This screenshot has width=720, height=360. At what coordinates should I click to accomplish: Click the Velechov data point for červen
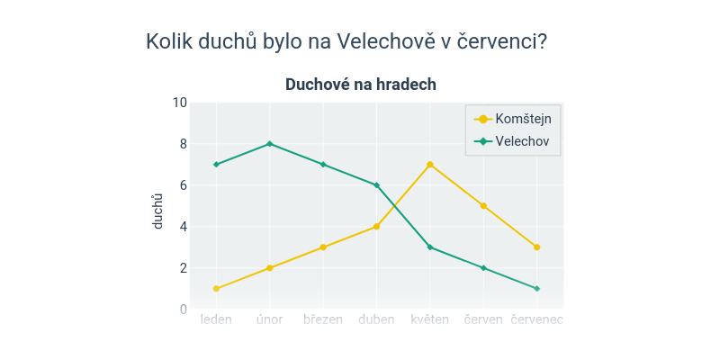click(483, 268)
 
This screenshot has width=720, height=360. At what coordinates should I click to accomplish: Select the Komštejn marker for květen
click(430, 165)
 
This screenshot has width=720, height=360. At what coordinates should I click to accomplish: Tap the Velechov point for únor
click(269, 144)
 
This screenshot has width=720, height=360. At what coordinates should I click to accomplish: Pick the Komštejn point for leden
click(216, 289)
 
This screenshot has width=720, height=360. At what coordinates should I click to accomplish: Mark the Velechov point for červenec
click(536, 289)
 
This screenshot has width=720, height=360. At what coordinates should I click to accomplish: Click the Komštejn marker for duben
click(376, 227)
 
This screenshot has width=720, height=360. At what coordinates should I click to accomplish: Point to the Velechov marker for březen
click(323, 165)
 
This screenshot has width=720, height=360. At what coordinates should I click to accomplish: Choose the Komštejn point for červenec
click(536, 247)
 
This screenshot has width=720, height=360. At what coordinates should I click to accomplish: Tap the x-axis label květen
click(430, 319)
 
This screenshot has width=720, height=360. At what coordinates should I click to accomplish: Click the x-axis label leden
click(216, 319)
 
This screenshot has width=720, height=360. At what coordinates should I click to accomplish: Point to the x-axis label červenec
click(536, 319)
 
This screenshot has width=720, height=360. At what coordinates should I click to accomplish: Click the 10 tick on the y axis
click(179, 103)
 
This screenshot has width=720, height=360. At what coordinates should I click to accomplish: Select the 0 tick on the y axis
click(183, 310)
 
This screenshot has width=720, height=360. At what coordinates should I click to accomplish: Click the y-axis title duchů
click(158, 211)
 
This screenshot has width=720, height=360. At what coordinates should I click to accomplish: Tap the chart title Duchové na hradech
click(361, 85)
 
